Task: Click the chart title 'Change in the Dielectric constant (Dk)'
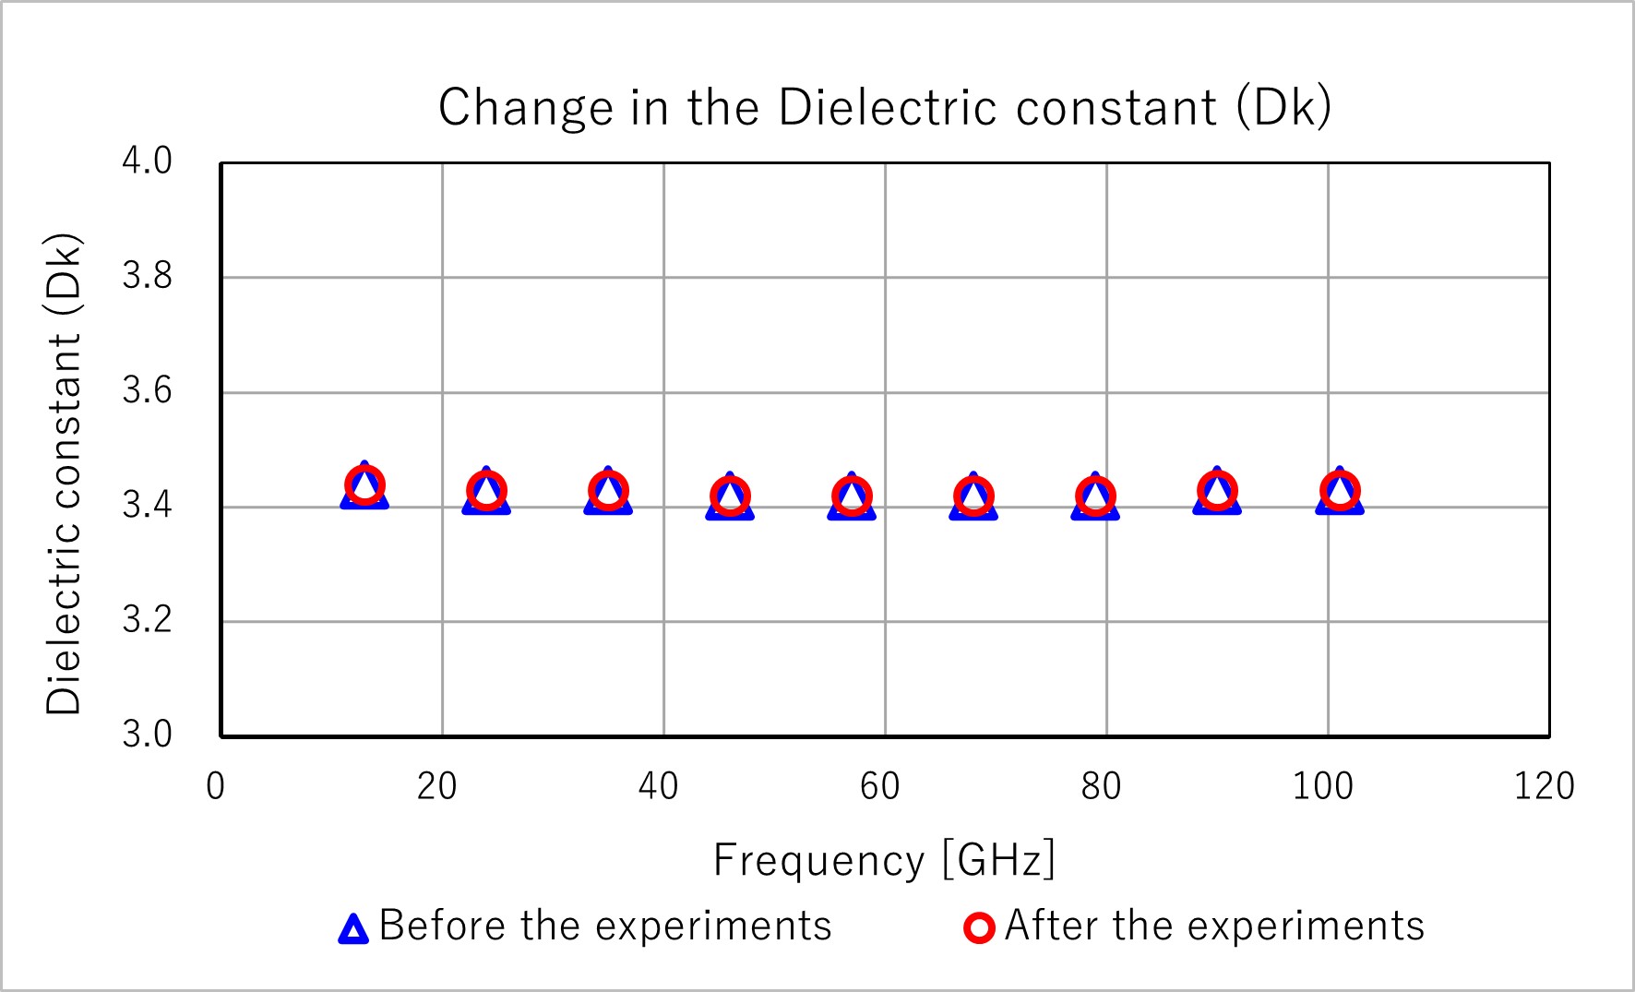pos(884,108)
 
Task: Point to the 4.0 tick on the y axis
pos(148,161)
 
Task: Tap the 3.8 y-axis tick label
pos(148,276)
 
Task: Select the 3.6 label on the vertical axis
pos(148,391)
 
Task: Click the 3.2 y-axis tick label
pos(148,620)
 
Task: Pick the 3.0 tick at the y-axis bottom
pos(148,735)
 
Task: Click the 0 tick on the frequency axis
pos(216,787)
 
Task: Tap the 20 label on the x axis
pos(437,787)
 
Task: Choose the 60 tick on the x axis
pos(880,787)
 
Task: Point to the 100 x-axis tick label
pos(1323,787)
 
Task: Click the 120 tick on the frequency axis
pos(1545,787)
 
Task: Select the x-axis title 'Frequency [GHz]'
pos(884,860)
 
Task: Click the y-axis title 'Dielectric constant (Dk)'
pos(65,474)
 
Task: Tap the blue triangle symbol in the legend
pos(353,928)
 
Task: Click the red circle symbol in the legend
pos(979,927)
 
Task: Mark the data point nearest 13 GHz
pos(364,485)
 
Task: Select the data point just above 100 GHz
pos(1340,490)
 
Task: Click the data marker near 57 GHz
pos(852,496)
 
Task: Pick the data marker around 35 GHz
pos(608,490)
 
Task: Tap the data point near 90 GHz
pos(1217,490)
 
